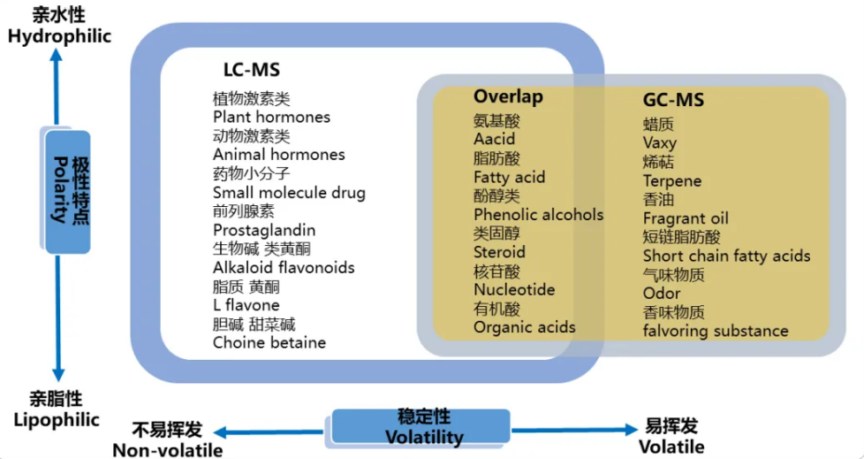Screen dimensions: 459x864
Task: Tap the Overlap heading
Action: pyautogui.click(x=508, y=96)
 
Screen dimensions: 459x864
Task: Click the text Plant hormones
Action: pyautogui.click(x=271, y=117)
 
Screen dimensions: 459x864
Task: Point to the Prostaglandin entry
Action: pyautogui.click(x=264, y=230)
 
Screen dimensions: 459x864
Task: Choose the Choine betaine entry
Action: pyautogui.click(x=269, y=342)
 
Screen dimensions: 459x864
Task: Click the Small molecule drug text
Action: pyautogui.click(x=289, y=192)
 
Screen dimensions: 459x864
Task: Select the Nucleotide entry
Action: pyautogui.click(x=514, y=289)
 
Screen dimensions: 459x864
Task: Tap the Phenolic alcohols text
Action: pyautogui.click(x=538, y=214)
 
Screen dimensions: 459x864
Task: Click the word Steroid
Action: pyautogui.click(x=499, y=252)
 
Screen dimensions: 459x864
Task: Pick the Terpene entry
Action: pyautogui.click(x=671, y=181)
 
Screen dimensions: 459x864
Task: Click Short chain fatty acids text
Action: pyautogui.click(x=726, y=256)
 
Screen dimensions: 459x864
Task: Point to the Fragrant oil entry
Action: pyautogui.click(x=686, y=218)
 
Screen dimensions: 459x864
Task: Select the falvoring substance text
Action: pyautogui.click(x=716, y=331)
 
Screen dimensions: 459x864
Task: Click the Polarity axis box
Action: pyautogui.click(x=69, y=190)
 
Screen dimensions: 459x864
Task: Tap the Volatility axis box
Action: pyautogui.click(x=422, y=426)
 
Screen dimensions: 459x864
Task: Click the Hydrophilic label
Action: pyautogui.click(x=59, y=36)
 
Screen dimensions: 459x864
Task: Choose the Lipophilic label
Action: pyautogui.click(x=57, y=420)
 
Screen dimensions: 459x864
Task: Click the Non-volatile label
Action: pyautogui.click(x=167, y=449)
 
